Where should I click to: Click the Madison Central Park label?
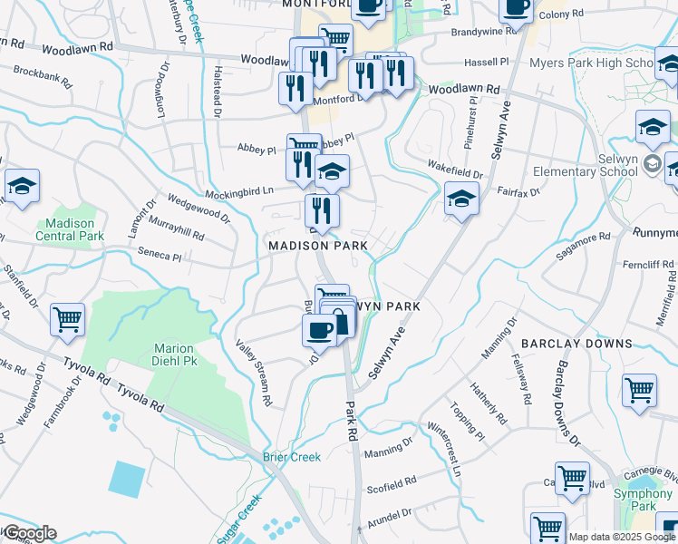click(x=70, y=229)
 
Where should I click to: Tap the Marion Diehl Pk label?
click(x=175, y=355)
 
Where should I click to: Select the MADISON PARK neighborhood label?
click(x=317, y=246)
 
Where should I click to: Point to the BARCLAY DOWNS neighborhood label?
click(x=576, y=344)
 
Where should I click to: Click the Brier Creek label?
click(x=292, y=457)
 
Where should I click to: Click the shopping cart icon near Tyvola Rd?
click(x=67, y=321)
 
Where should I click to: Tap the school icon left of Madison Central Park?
click(x=22, y=187)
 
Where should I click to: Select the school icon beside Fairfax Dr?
click(x=461, y=199)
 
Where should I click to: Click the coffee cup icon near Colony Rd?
click(x=516, y=7)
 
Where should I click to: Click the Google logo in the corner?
click(x=29, y=533)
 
